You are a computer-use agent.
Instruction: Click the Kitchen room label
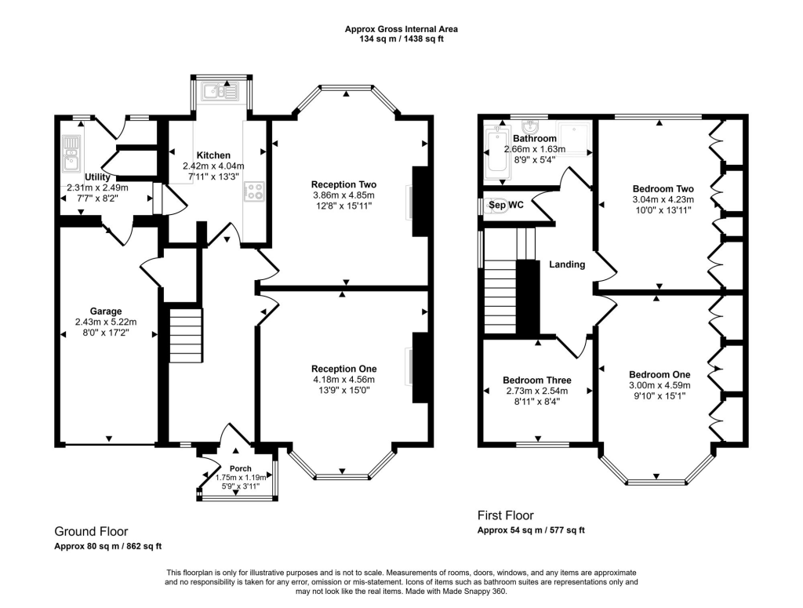(x=213, y=155)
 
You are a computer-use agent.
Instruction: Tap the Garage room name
(x=106, y=311)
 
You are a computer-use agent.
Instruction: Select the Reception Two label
(x=343, y=184)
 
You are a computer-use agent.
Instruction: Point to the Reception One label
(x=343, y=369)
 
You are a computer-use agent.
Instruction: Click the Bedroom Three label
(x=536, y=380)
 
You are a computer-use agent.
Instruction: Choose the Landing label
(x=567, y=264)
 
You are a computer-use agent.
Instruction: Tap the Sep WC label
(x=506, y=205)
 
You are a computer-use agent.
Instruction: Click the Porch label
(x=240, y=468)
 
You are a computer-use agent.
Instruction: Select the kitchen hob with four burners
(x=255, y=191)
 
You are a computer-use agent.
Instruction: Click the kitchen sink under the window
(x=220, y=91)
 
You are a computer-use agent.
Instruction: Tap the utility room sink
(x=70, y=153)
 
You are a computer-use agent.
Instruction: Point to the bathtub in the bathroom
(x=496, y=148)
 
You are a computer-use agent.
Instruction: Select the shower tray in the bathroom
(x=573, y=138)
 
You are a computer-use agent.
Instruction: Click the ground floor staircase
(x=186, y=336)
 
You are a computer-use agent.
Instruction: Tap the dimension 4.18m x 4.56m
(x=343, y=380)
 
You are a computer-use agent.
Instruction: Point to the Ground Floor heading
(x=91, y=531)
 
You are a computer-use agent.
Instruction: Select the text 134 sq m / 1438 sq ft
(x=401, y=39)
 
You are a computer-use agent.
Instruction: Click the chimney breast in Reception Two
(x=420, y=202)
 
